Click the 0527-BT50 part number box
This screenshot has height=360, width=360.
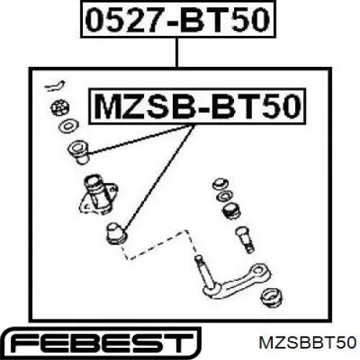click(178, 19)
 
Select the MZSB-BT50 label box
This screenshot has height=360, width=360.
click(197, 107)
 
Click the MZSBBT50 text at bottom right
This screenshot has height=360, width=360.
click(307, 343)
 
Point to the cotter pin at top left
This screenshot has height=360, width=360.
click(55, 86)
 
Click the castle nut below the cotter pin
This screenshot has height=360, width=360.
click(60, 108)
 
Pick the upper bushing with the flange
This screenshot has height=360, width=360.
click(78, 152)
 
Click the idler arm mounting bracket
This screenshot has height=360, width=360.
click(99, 194)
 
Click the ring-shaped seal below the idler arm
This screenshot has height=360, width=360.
click(271, 297)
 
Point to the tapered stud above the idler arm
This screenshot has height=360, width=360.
click(245, 239)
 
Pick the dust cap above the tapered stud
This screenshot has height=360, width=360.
click(232, 211)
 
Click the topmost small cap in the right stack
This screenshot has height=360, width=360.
click(220, 184)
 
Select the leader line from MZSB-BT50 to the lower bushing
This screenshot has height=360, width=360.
click(158, 179)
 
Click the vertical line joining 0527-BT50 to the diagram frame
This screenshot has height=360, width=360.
click(177, 53)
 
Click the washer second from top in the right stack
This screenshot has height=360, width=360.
click(224, 197)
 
